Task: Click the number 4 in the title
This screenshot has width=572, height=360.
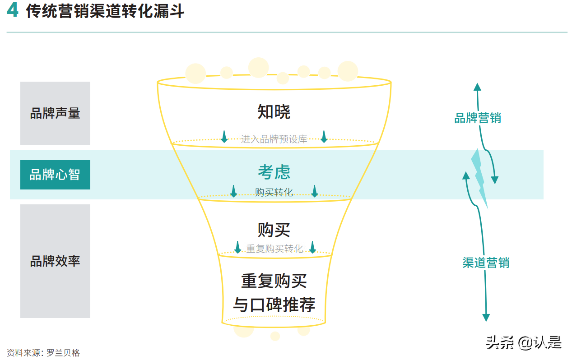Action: click(x=12, y=10)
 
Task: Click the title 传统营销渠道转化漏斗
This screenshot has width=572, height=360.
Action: click(x=105, y=11)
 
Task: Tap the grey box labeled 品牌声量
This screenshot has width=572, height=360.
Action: click(x=55, y=113)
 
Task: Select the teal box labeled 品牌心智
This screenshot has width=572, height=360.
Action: click(x=55, y=175)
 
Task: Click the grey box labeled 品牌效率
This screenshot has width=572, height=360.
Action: click(x=55, y=261)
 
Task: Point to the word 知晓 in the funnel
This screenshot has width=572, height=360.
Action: click(x=274, y=112)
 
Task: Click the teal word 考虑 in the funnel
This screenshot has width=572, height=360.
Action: click(x=274, y=172)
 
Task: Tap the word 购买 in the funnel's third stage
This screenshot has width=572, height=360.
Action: click(x=274, y=230)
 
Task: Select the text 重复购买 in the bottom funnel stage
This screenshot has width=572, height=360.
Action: click(x=274, y=281)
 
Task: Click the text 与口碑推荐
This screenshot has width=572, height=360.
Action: click(x=274, y=305)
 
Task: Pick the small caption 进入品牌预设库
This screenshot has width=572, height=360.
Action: click(x=274, y=139)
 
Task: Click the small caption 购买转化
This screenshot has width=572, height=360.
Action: click(x=274, y=193)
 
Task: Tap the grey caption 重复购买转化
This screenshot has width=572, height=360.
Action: click(x=274, y=249)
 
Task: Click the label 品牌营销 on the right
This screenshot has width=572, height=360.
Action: click(x=477, y=118)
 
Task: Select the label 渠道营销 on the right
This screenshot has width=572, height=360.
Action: click(x=486, y=263)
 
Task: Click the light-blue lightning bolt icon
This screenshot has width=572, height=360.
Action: click(x=479, y=178)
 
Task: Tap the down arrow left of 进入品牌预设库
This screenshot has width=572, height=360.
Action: click(x=224, y=137)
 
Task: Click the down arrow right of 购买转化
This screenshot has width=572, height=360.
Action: click(x=315, y=191)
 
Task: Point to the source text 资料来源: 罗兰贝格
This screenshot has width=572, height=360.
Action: click(x=43, y=353)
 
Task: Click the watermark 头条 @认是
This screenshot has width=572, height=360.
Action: click(x=524, y=342)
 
